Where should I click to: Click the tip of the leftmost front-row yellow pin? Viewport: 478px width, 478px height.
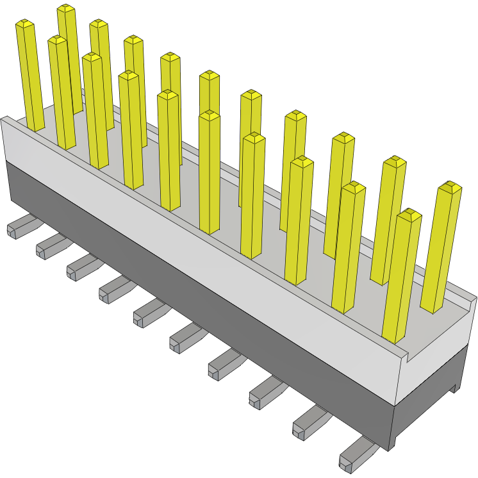[24, 24]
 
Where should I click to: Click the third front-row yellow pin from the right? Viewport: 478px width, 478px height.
[300, 218]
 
